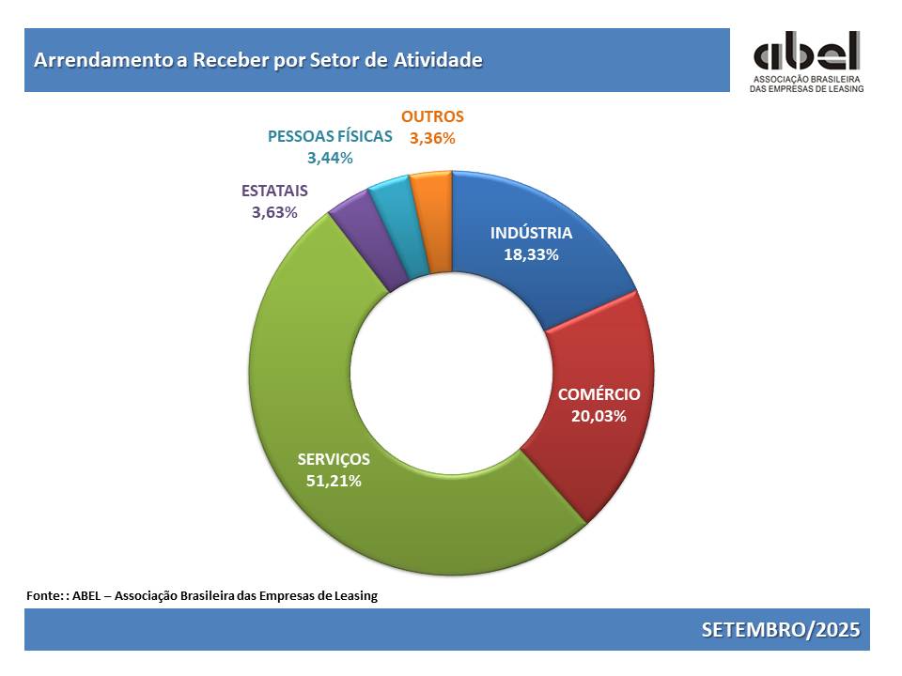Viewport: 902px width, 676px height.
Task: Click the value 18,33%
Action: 531,254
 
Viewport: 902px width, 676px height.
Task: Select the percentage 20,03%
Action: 599,415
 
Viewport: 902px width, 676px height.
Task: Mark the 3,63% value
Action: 274,212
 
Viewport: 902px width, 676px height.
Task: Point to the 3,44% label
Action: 330,158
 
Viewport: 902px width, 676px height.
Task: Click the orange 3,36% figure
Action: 432,138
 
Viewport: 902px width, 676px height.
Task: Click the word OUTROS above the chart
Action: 432,117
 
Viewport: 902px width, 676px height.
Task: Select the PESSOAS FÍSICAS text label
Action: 330,136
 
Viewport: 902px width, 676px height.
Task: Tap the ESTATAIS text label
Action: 274,191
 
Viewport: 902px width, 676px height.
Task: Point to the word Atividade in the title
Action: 437,60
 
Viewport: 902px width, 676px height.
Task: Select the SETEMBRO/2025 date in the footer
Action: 780,629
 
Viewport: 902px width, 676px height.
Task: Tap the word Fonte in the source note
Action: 44,595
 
